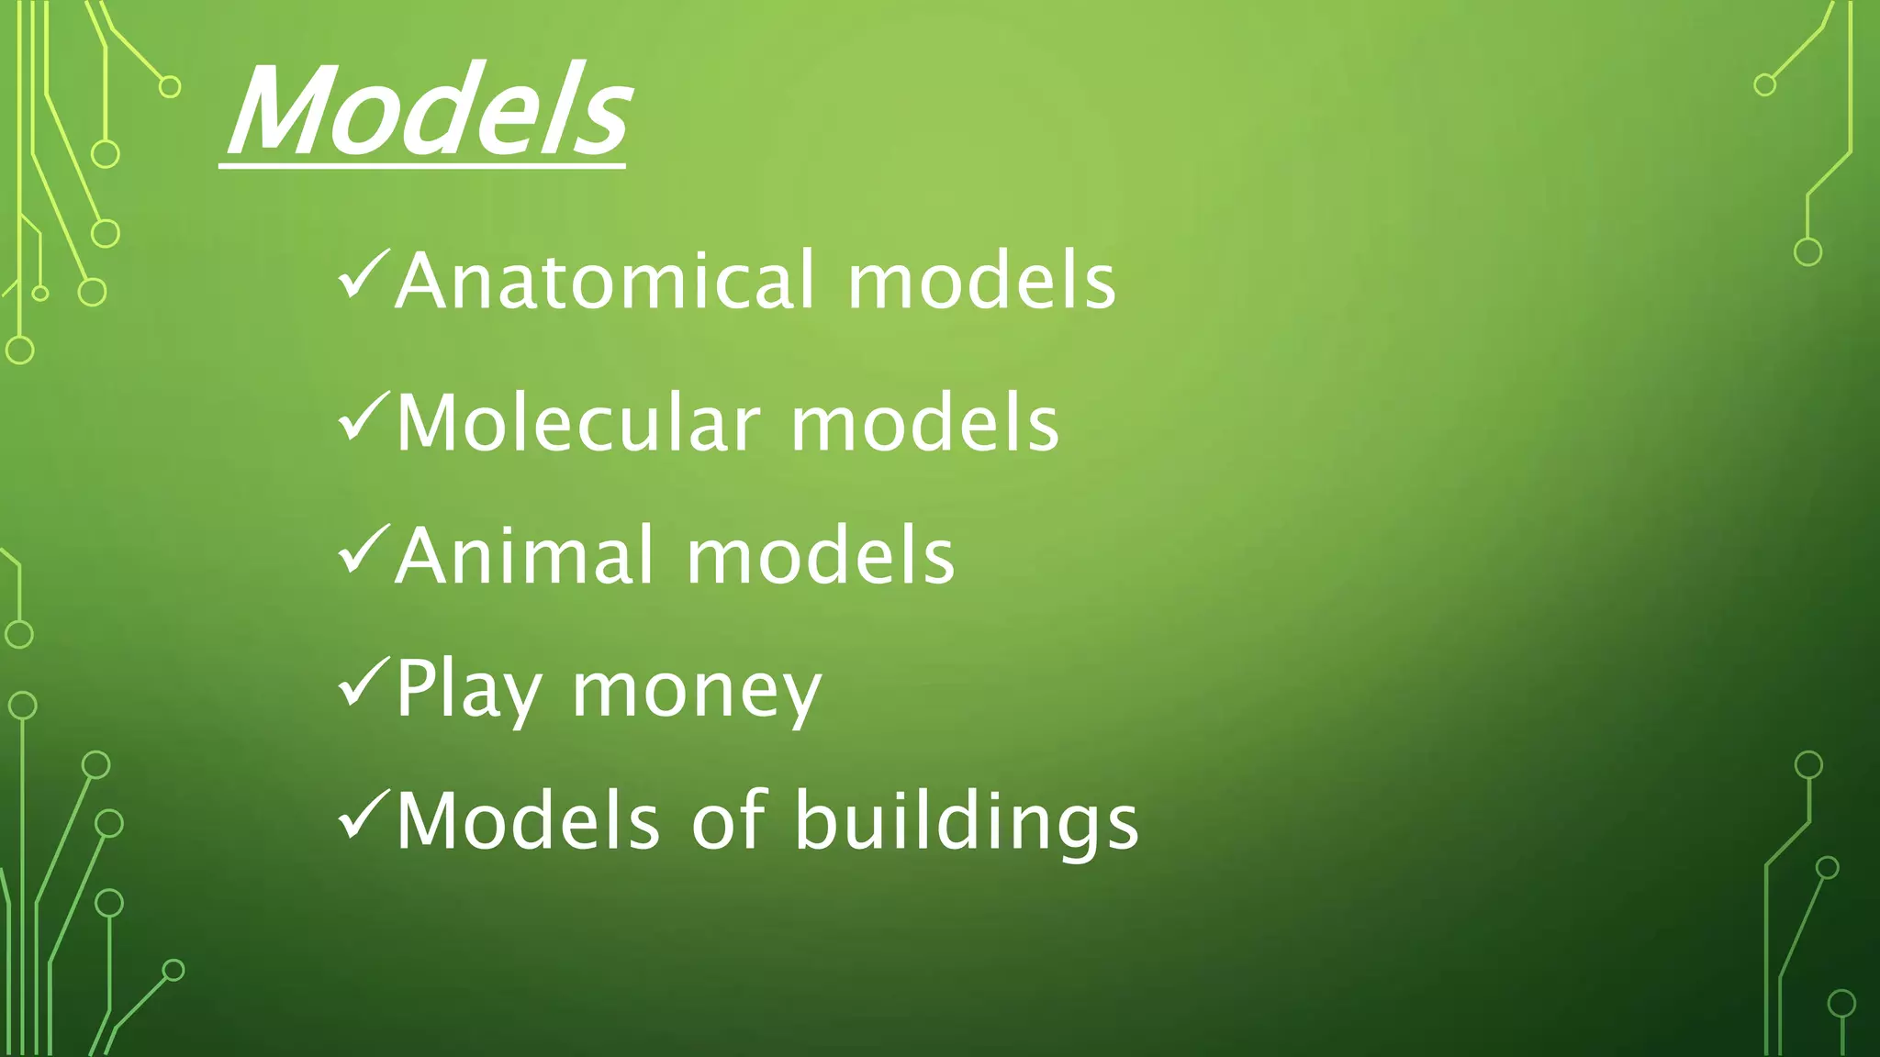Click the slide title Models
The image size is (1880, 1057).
click(428, 112)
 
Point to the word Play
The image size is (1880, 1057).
click(468, 690)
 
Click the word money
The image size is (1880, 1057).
click(696, 692)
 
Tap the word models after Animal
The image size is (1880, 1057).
click(820, 556)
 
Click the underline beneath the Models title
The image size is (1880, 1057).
click(422, 166)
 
